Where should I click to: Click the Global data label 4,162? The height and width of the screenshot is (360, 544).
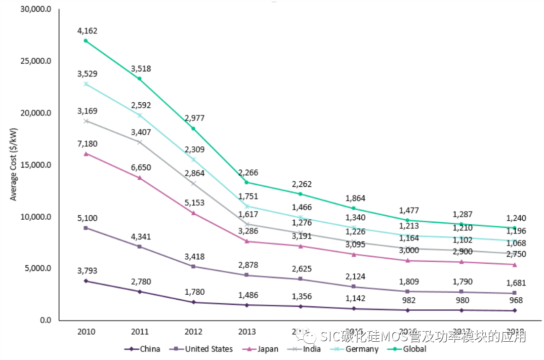click(x=87, y=31)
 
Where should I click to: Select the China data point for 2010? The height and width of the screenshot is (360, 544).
click(x=86, y=281)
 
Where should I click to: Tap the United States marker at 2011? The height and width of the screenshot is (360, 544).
click(x=140, y=247)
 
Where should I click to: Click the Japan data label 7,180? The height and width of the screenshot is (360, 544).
click(x=87, y=144)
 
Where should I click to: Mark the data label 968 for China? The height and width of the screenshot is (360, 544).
click(x=516, y=300)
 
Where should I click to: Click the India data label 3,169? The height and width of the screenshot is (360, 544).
click(x=87, y=111)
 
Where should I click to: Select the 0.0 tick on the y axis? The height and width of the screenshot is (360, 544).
click(x=46, y=320)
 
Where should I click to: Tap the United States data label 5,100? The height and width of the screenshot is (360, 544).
click(x=87, y=218)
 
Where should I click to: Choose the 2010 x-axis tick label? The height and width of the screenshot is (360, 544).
click(x=86, y=332)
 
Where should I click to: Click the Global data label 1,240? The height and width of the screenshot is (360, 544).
click(x=516, y=218)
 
